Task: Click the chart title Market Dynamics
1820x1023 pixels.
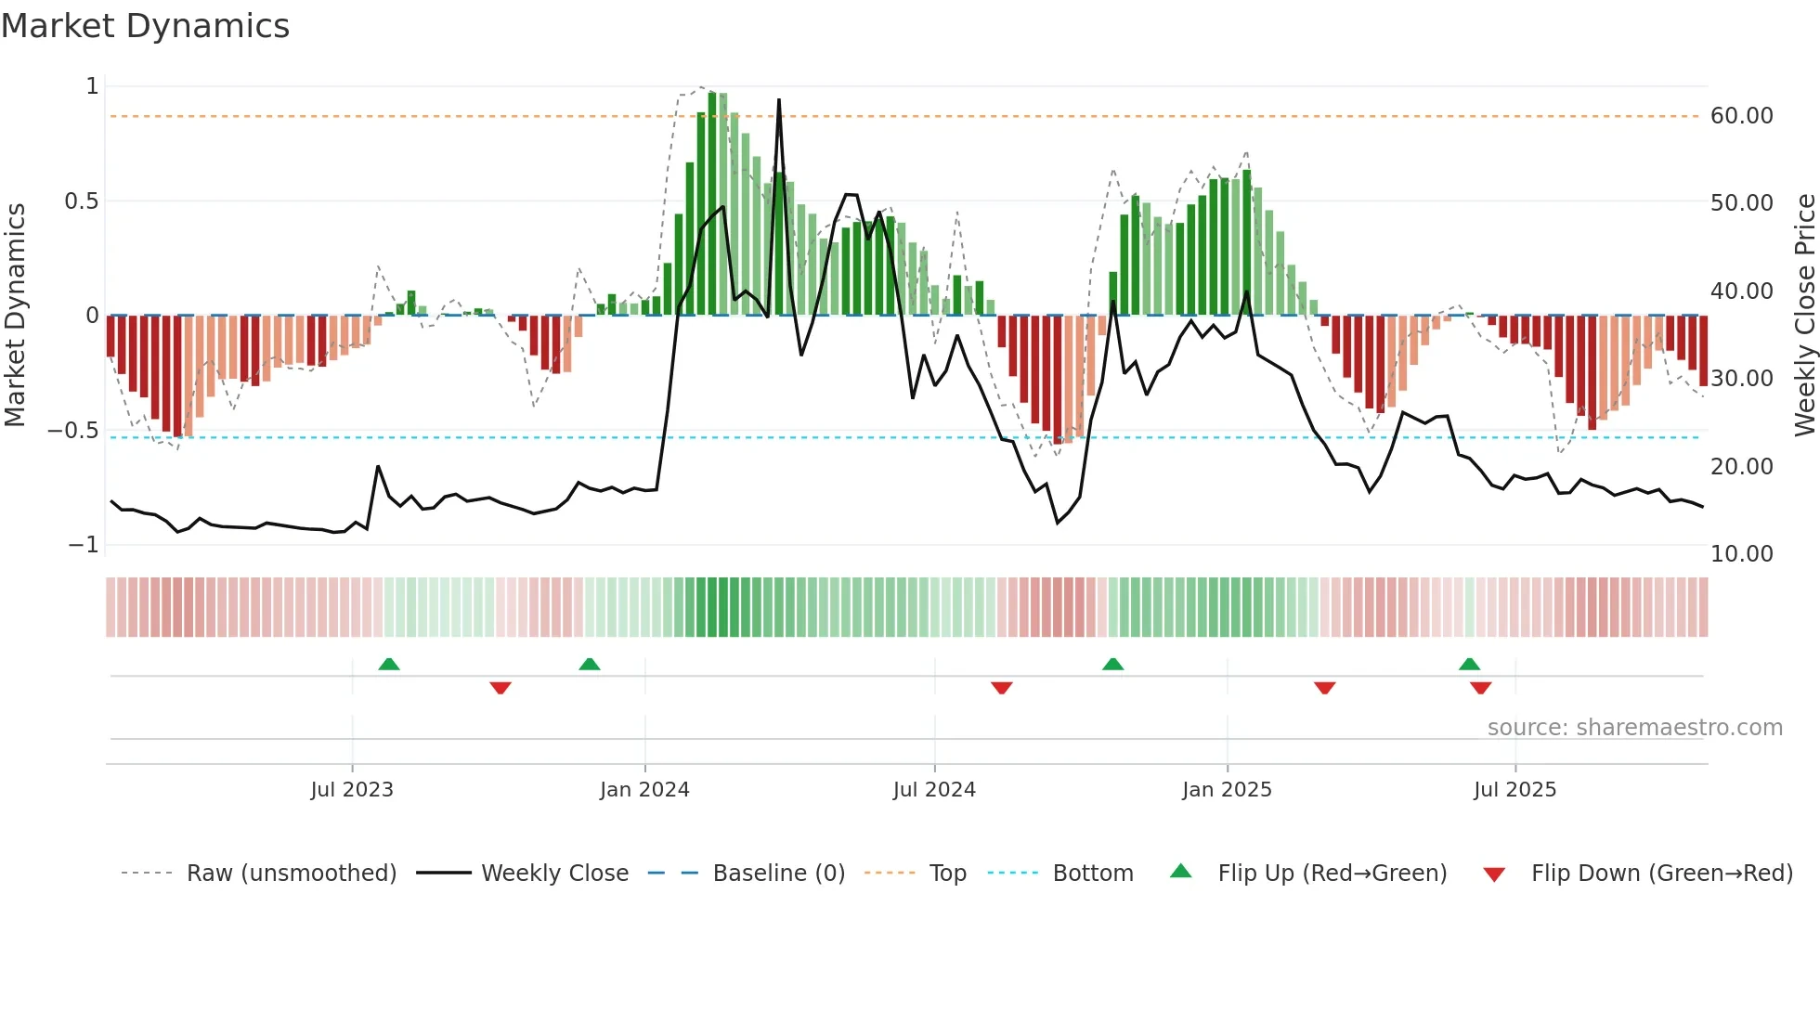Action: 145,26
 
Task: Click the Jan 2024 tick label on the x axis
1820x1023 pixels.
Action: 644,790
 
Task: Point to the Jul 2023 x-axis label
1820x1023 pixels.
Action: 352,790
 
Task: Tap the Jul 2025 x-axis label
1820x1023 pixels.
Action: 1514,790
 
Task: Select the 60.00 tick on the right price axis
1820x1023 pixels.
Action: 1741,116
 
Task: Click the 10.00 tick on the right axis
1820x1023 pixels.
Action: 1741,554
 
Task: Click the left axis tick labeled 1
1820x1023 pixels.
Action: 92,86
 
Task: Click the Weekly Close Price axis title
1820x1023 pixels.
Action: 1804,316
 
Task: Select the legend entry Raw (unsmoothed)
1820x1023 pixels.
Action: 291,874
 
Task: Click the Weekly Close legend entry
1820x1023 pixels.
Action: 554,874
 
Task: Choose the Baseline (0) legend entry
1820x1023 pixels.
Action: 778,874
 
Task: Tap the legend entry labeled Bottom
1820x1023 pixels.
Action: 1092,874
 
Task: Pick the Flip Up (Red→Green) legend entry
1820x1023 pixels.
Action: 1332,874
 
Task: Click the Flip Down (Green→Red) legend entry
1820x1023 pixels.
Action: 1661,874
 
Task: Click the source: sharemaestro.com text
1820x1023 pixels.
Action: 1634,728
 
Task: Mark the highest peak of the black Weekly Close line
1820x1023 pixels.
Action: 778,100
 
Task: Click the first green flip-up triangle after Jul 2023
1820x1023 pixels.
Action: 389,664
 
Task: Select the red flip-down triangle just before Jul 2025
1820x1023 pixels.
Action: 1480,688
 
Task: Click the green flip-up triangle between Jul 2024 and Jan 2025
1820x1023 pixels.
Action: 1112,664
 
